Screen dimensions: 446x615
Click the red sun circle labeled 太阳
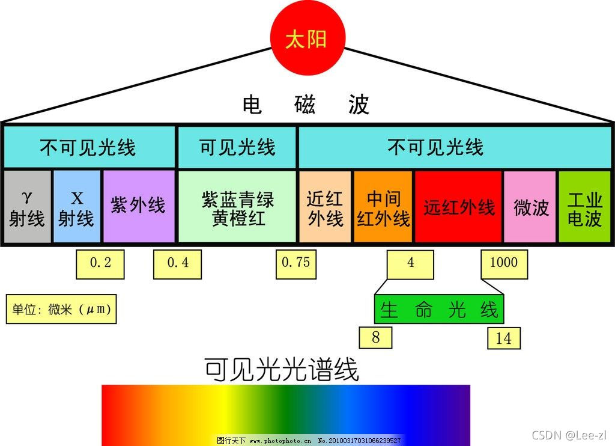point(306,40)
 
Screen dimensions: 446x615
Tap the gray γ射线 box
point(27,207)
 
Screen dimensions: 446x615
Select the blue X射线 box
point(76,207)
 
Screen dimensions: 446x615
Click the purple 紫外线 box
point(138,207)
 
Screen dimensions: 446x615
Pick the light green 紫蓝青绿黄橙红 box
point(237,207)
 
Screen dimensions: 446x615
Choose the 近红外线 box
point(325,207)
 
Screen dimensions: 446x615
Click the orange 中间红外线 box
point(383,207)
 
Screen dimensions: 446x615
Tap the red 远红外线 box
point(458,207)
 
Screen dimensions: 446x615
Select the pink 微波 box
point(530,207)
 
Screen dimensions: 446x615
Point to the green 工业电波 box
point(585,207)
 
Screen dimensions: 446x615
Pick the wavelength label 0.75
point(296,264)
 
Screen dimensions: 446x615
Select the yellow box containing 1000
point(504,264)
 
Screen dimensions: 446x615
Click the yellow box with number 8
point(376,337)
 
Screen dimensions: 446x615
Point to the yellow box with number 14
point(503,338)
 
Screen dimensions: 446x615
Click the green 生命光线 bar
point(438,310)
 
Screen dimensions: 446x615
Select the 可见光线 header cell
point(237,147)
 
